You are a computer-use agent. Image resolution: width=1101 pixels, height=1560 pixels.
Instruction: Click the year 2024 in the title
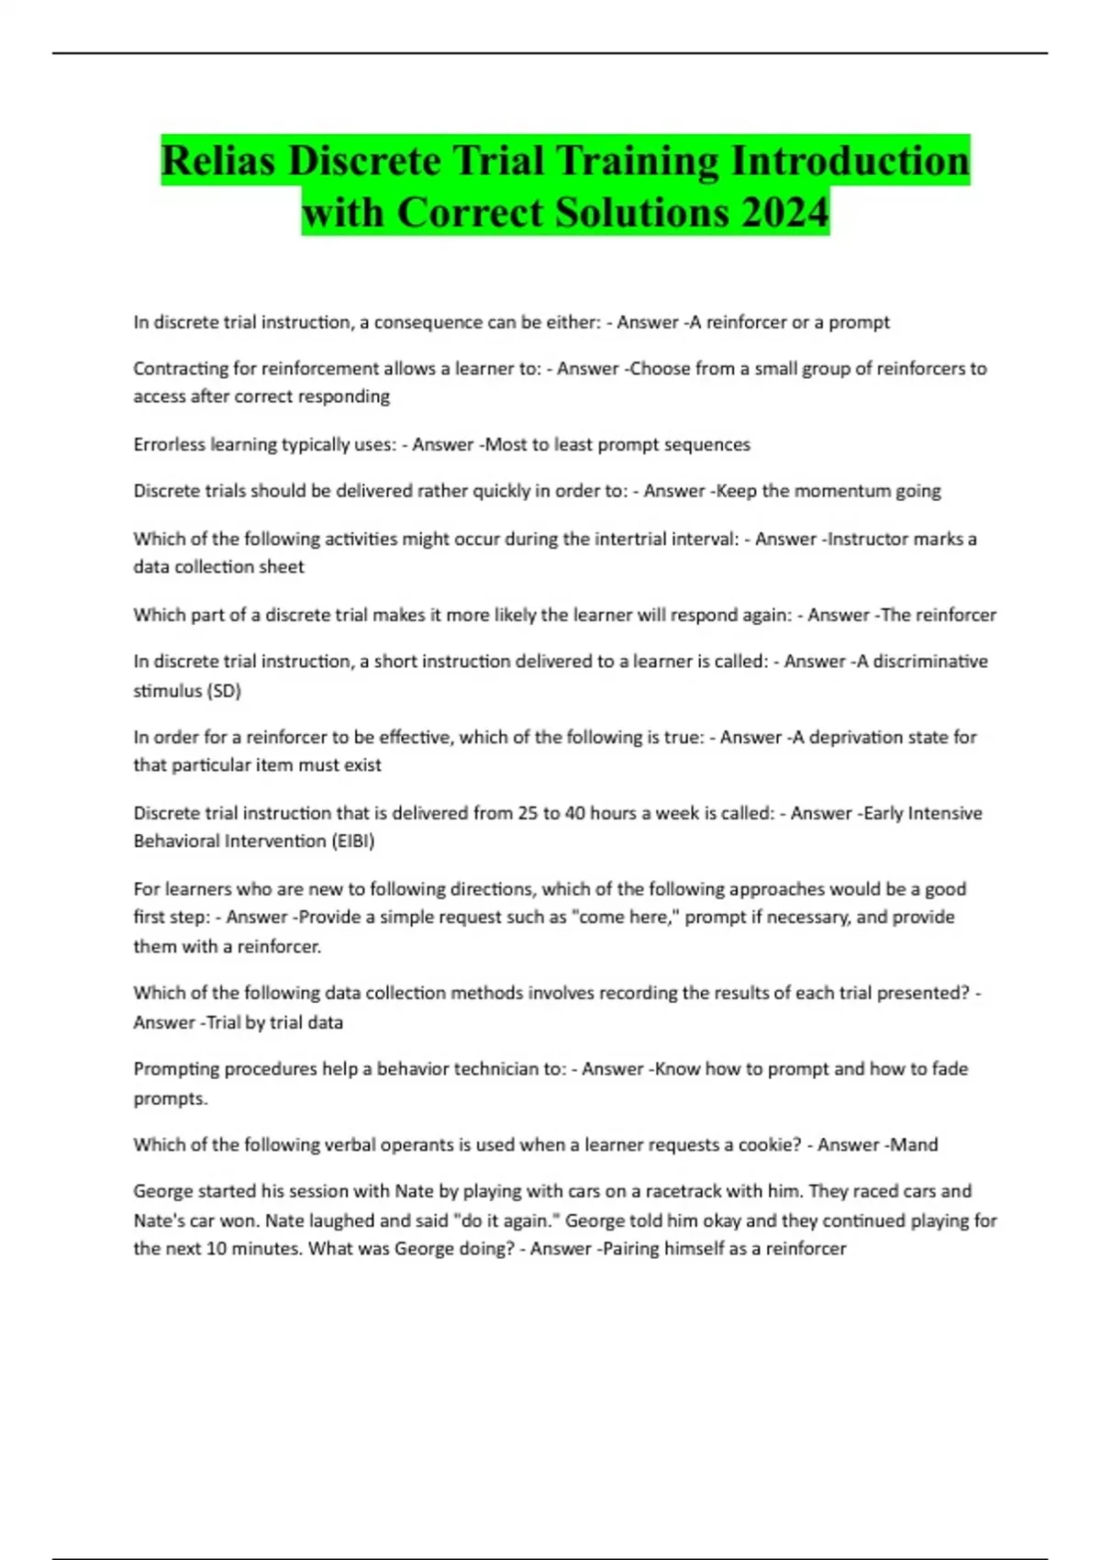(x=785, y=212)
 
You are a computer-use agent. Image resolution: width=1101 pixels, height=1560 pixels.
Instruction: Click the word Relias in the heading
(x=218, y=161)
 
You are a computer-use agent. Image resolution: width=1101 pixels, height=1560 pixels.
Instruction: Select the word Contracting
(x=180, y=369)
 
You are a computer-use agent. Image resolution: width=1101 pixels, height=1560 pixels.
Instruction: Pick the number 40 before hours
(x=574, y=813)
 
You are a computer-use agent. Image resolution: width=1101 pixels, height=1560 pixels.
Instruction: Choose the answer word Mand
(x=914, y=1145)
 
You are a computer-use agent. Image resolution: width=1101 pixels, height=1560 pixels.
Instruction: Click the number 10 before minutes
(x=217, y=1249)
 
